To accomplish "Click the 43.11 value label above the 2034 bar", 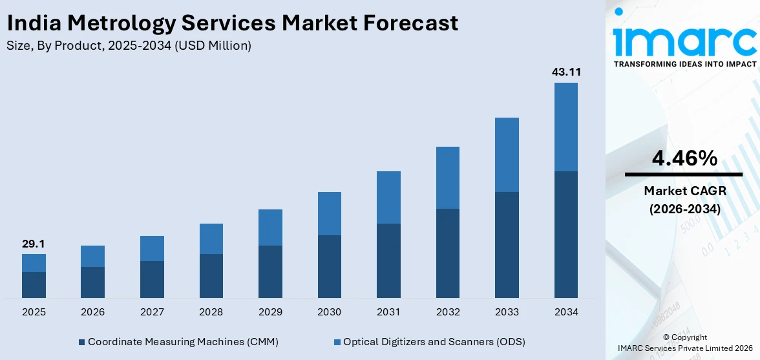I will click(x=566, y=72).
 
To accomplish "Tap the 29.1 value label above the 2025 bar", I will click(x=34, y=244).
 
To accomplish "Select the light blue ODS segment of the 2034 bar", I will click(x=566, y=127).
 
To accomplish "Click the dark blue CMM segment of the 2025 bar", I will click(x=34, y=284).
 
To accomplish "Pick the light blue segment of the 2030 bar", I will click(x=330, y=213).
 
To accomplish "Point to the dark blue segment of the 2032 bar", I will click(x=448, y=253).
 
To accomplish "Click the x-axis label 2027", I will click(x=152, y=312).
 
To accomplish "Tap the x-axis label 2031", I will click(x=388, y=312).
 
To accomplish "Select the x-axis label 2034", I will click(x=566, y=312).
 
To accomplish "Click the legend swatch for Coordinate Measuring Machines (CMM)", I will click(x=81, y=341).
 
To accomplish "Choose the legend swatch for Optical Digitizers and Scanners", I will click(x=337, y=341).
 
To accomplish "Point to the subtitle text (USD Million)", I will click(x=213, y=45).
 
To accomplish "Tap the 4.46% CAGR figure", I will click(x=684, y=158).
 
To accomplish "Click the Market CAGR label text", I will click(x=684, y=191).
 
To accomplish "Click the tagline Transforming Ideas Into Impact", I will click(x=684, y=64).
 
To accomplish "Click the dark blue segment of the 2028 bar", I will click(x=211, y=276).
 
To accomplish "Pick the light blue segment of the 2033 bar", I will click(x=507, y=154).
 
